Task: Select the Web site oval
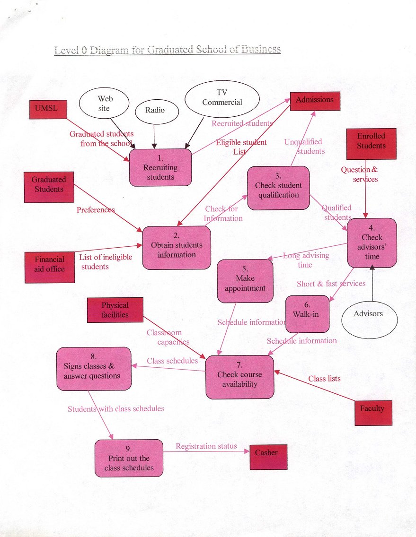(x=104, y=104)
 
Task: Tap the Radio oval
(x=155, y=111)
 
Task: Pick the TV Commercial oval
(x=221, y=98)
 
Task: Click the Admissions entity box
(x=315, y=101)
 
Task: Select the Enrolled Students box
(x=371, y=143)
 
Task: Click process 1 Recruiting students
(x=160, y=168)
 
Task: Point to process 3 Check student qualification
(x=278, y=188)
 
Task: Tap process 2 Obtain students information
(x=177, y=248)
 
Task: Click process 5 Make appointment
(x=245, y=281)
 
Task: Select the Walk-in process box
(x=308, y=313)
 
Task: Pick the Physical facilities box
(x=115, y=310)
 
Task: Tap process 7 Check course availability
(x=240, y=377)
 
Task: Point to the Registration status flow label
(x=206, y=446)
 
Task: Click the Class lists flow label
(x=324, y=379)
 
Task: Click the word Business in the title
(x=257, y=50)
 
